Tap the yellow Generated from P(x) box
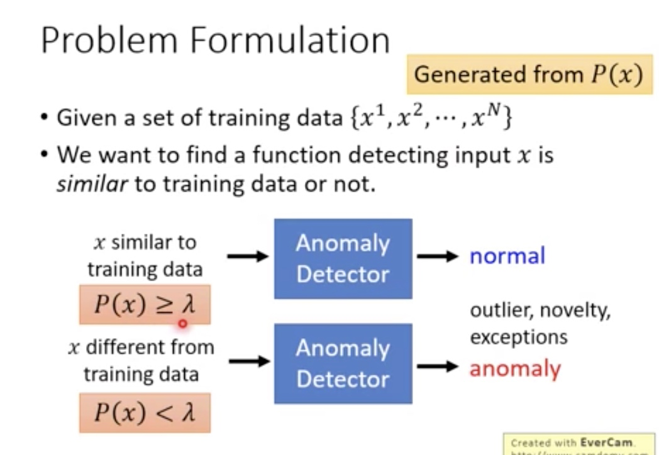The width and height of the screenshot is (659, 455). tap(529, 75)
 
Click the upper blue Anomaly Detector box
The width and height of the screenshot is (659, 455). tap(343, 258)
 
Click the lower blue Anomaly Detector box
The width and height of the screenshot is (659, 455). tap(343, 363)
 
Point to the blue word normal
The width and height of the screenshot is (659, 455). tap(507, 256)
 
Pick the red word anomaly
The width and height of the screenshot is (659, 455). tap(514, 368)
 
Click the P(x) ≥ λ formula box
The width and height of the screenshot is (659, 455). tap(145, 304)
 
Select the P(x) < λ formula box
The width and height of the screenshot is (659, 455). tap(145, 412)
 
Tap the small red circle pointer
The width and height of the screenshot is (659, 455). tap(182, 324)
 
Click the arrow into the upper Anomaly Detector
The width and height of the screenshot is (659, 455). tap(248, 256)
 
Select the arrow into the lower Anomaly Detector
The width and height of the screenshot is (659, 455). tap(248, 361)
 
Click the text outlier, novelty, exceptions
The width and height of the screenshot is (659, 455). tap(540, 324)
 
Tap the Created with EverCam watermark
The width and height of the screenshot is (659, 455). tap(579, 442)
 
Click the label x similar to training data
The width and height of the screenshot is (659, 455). tap(145, 256)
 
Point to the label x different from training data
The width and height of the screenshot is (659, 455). tap(141, 360)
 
